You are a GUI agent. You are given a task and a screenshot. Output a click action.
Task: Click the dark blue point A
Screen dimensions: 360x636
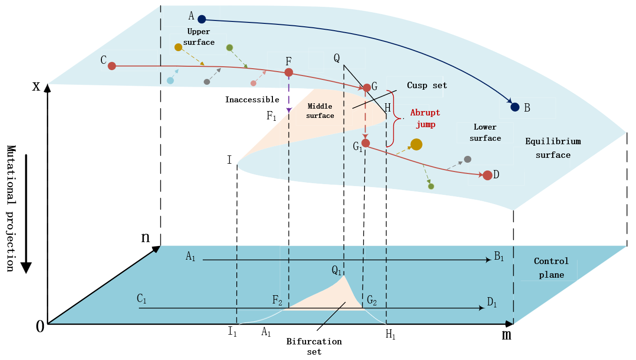click(x=202, y=19)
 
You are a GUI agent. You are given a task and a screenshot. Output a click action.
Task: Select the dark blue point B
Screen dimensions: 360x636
click(x=515, y=107)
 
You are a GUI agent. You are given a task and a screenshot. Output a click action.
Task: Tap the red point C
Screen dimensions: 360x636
click(x=112, y=66)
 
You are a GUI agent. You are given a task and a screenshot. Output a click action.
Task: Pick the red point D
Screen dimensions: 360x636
click(x=487, y=175)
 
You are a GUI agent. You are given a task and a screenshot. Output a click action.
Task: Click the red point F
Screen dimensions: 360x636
click(x=289, y=73)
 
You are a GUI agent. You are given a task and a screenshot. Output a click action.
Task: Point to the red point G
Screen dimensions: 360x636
click(x=366, y=88)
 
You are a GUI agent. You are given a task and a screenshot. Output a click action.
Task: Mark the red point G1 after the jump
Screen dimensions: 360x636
click(x=366, y=143)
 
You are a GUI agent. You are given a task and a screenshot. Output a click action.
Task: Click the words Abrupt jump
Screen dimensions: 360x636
click(x=425, y=118)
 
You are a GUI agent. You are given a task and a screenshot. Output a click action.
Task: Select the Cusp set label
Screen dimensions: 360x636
click(x=426, y=86)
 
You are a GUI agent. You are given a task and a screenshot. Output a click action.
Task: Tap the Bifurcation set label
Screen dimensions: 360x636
click(x=314, y=346)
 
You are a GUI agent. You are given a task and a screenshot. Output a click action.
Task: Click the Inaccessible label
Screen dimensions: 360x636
click(x=252, y=100)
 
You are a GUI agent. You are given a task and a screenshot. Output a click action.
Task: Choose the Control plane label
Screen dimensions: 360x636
click(x=551, y=268)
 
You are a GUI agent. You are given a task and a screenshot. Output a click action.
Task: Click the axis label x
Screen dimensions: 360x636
click(x=36, y=87)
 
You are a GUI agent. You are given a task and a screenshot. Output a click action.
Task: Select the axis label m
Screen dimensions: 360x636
click(x=506, y=335)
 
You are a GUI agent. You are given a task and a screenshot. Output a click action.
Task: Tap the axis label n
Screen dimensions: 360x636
click(x=145, y=237)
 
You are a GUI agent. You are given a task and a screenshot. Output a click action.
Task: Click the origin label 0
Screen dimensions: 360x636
click(x=40, y=327)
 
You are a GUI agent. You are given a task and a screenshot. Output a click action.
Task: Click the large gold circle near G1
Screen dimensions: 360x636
click(x=416, y=144)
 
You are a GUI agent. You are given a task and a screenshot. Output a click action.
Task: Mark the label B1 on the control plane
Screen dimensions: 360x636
click(x=500, y=256)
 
